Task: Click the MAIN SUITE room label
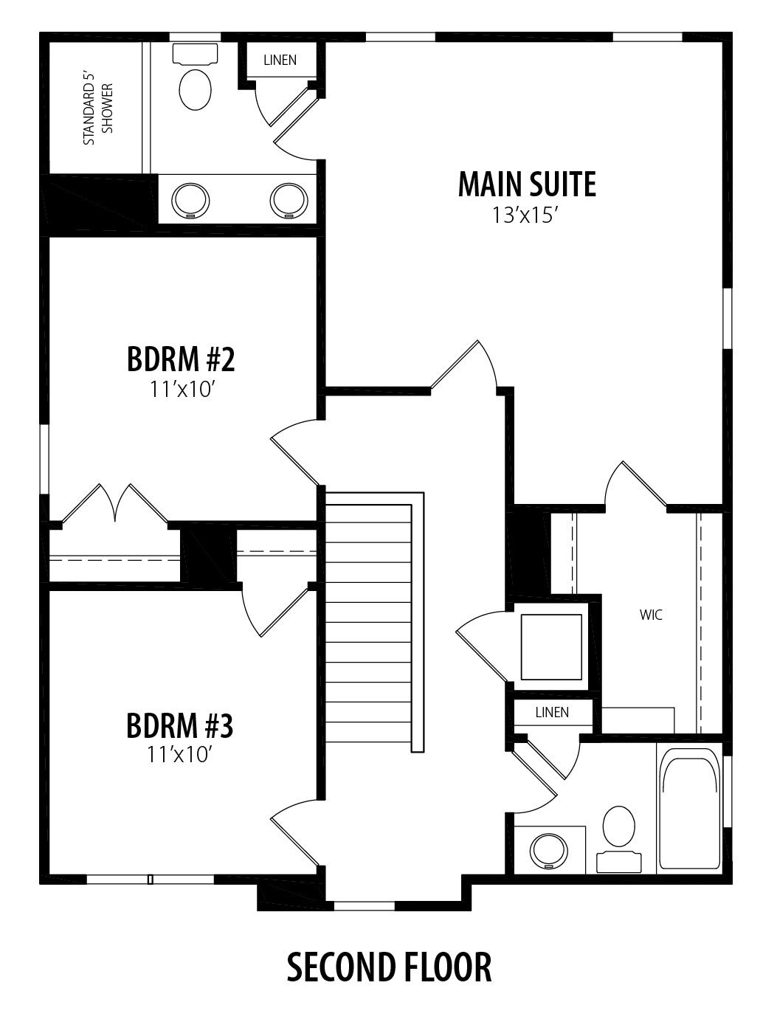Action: pos(527,184)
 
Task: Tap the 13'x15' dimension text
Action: pos(525,215)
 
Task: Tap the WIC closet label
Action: pos(651,615)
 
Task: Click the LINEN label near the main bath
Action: pos(280,60)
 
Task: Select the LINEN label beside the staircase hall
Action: pos(552,712)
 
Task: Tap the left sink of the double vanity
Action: pos(190,201)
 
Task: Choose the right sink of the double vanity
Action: pos(289,201)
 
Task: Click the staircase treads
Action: pos(369,623)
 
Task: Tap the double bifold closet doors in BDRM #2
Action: pos(115,504)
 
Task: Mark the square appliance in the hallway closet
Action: pos(551,647)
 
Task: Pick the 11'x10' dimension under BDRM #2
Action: pos(181,389)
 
